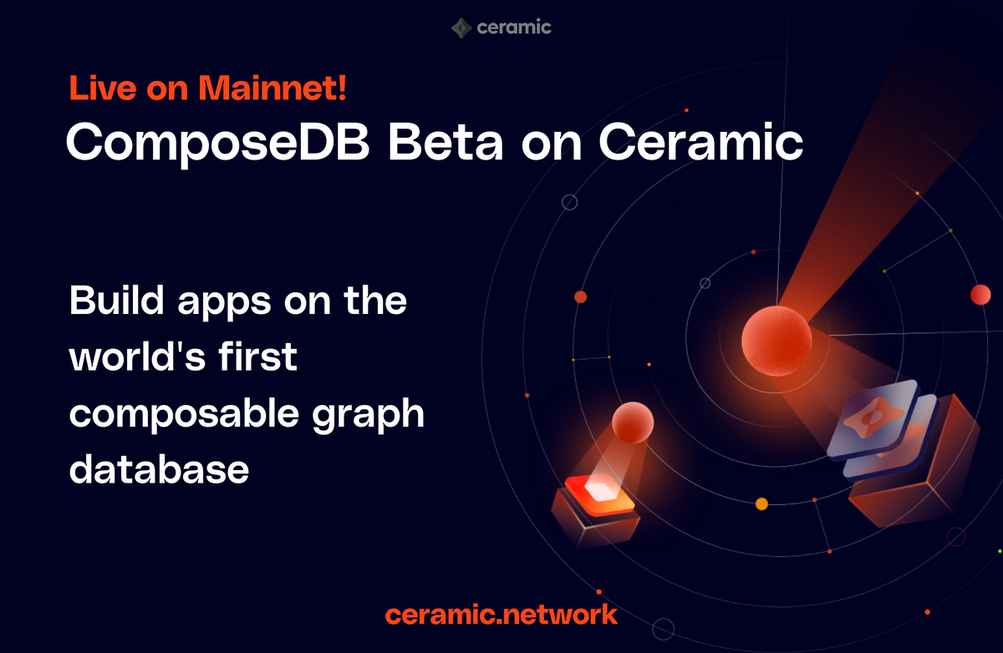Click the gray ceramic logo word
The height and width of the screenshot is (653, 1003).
514,28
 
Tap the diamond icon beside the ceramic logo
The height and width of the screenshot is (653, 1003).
461,28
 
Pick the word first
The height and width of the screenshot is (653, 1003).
262,357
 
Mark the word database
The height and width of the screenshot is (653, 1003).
159,470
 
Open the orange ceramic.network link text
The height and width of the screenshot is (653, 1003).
501,615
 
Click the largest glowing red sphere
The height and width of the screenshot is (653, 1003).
776,341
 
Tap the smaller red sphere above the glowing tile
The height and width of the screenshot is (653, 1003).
632,423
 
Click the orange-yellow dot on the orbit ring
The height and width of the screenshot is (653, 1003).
761,504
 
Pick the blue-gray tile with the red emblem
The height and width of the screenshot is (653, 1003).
873,425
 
